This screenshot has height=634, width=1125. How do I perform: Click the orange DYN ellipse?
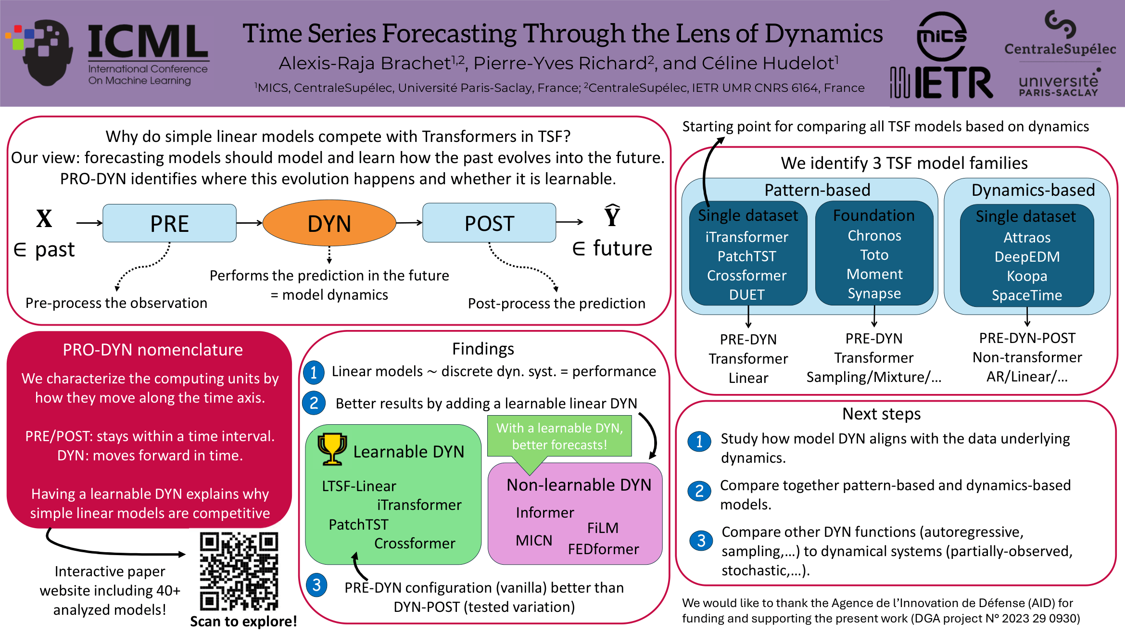pos(329,223)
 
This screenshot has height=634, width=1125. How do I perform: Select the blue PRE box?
pos(169,223)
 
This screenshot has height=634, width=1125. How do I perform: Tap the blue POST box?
pos(489,223)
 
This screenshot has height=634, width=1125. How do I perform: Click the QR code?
pos(239,571)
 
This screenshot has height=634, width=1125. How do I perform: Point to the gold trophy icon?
pos(332,449)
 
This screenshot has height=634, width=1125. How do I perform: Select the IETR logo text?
pos(941,83)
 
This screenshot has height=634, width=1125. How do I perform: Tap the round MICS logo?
pos(942,37)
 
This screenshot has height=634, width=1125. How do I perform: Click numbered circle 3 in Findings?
pos(316,585)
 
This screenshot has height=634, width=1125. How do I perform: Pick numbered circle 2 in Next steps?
pos(699,491)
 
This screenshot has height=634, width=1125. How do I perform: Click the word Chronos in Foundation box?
pos(874,236)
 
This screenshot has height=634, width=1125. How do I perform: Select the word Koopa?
pos(1027,276)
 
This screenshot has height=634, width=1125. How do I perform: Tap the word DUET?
pos(747,294)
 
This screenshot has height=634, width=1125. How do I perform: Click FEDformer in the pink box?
pos(603,549)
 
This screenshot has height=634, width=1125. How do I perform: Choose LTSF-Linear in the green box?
pos(359,486)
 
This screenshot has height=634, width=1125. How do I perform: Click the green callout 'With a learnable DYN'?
pos(559,436)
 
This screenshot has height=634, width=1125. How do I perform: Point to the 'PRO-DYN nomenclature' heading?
pos(152,350)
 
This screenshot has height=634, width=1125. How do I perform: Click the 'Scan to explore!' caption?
pos(243,621)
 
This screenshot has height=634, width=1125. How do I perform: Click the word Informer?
pos(545,512)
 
